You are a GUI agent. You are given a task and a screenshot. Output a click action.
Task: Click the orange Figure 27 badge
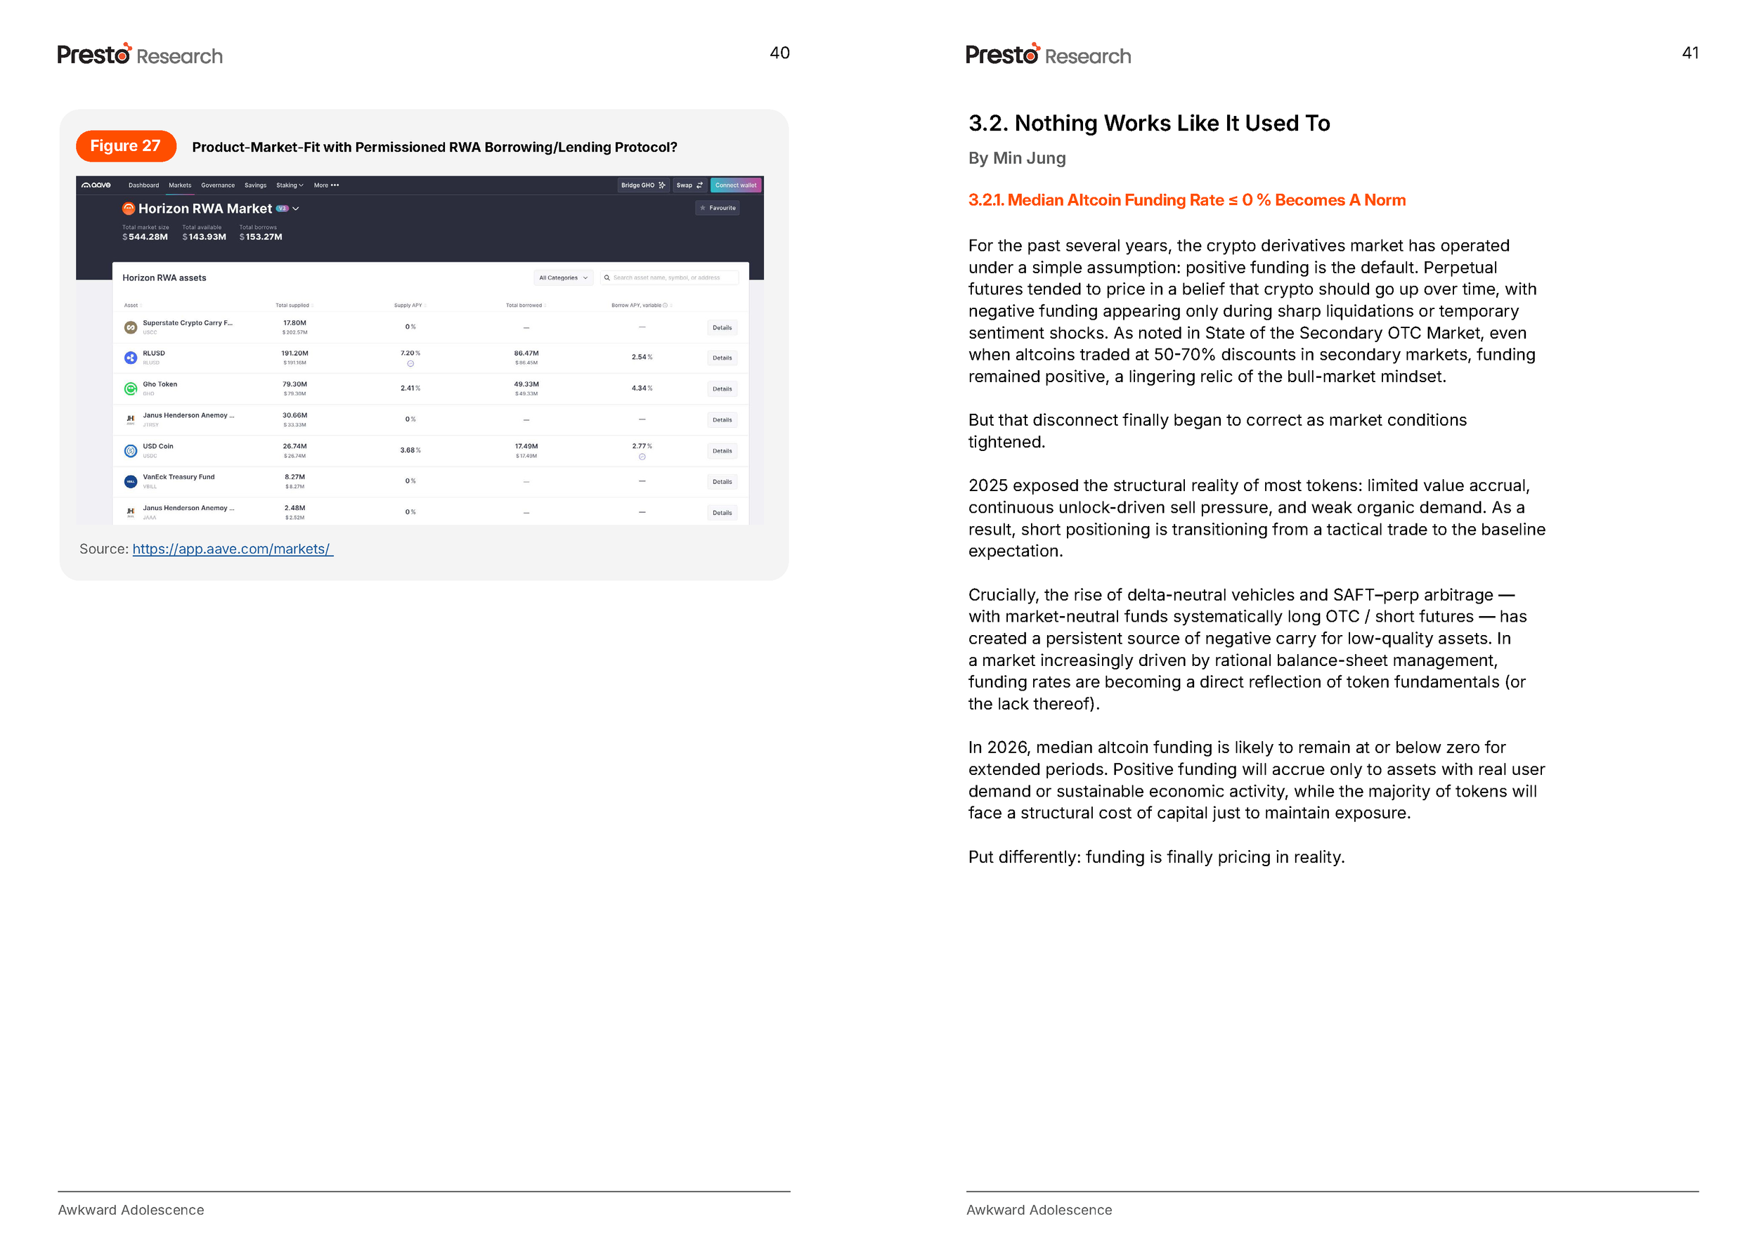[x=125, y=146]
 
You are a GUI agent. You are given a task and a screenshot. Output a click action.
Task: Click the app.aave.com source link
[x=232, y=549]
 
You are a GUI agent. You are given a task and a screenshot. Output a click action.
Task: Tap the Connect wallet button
[x=735, y=185]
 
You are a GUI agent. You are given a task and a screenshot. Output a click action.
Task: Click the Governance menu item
[x=217, y=185]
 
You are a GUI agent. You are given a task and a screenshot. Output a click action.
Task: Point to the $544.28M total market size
[x=146, y=237]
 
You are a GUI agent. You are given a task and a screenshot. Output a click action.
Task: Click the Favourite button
[x=718, y=208]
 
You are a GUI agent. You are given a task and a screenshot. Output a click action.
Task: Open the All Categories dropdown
[x=563, y=278]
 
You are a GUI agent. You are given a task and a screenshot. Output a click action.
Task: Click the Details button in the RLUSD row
[x=721, y=358]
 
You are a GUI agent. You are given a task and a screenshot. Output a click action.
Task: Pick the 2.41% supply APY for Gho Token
[x=410, y=389]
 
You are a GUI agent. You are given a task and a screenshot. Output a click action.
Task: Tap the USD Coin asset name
[x=158, y=446]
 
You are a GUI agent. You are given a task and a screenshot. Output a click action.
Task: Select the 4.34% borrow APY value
[x=641, y=389]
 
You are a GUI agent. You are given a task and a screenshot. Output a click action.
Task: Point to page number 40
[x=779, y=53]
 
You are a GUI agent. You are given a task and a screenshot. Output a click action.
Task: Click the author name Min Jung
[x=1028, y=158]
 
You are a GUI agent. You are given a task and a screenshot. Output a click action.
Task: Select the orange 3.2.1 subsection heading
[x=1186, y=200]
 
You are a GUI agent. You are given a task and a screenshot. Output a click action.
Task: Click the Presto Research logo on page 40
[x=140, y=55]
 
